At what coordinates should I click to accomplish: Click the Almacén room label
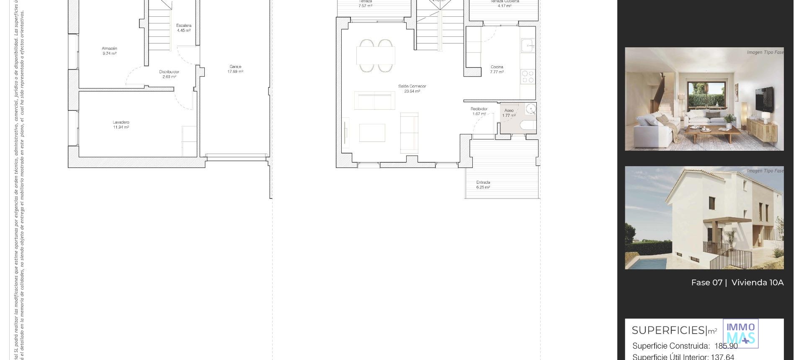click(x=109, y=51)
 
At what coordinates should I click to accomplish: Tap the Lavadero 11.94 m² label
click(x=121, y=125)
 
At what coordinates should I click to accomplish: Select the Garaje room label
click(x=235, y=69)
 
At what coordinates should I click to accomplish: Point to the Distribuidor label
click(x=169, y=74)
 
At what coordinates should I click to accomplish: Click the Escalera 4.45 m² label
click(x=184, y=28)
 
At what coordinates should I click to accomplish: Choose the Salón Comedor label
click(x=412, y=89)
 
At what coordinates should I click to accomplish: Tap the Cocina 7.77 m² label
click(x=497, y=69)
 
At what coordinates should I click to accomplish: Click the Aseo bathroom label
click(x=509, y=113)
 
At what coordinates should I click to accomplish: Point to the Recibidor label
click(x=479, y=111)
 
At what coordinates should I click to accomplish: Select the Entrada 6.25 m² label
click(x=483, y=185)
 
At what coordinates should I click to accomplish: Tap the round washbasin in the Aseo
click(x=531, y=109)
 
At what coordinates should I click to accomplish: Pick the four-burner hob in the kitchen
click(x=528, y=77)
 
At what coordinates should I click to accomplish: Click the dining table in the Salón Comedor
click(x=376, y=55)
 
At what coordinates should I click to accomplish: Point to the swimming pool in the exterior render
click(x=647, y=263)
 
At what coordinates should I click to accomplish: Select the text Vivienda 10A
click(x=757, y=283)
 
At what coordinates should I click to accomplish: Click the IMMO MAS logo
click(x=740, y=334)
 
